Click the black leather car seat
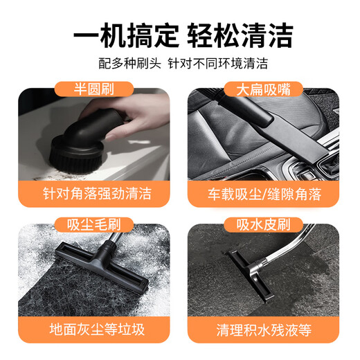[x=222, y=138]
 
